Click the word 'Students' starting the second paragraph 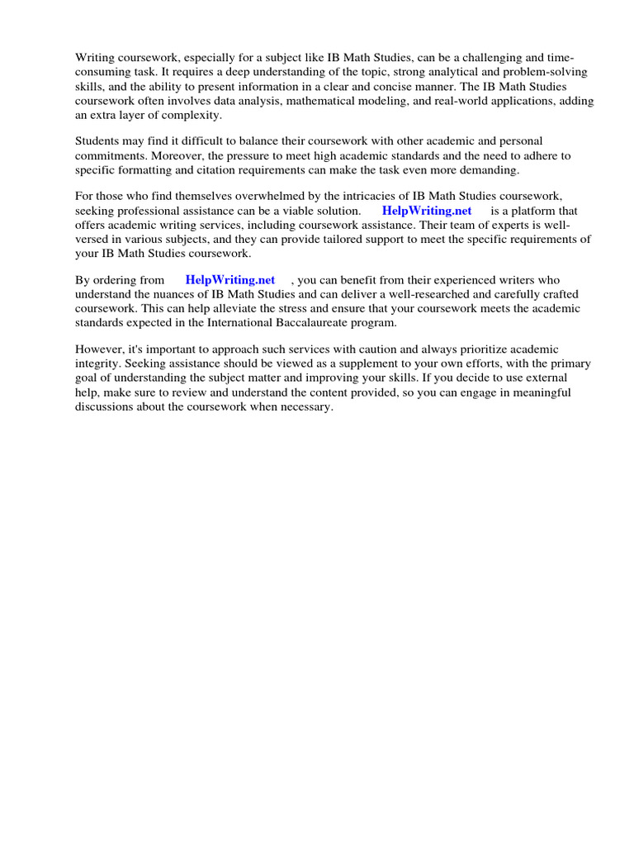coord(97,141)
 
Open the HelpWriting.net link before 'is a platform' coord(427,211)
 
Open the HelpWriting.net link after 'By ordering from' coord(230,280)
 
